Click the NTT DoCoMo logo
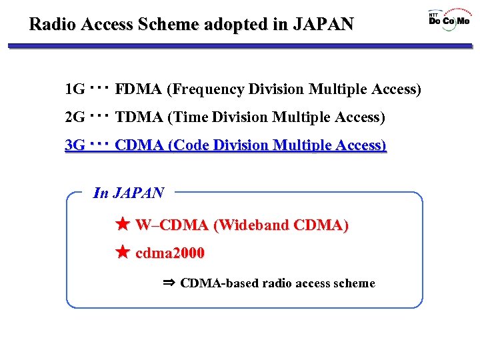coord(449,19)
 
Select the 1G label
coord(75,89)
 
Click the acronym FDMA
coord(139,89)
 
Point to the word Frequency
coord(207,89)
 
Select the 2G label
coord(75,118)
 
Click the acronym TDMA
coord(139,118)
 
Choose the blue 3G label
coord(75,145)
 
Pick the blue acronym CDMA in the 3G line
coord(139,145)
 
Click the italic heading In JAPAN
coord(129,193)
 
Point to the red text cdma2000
coord(170,253)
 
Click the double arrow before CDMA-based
coord(169,283)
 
